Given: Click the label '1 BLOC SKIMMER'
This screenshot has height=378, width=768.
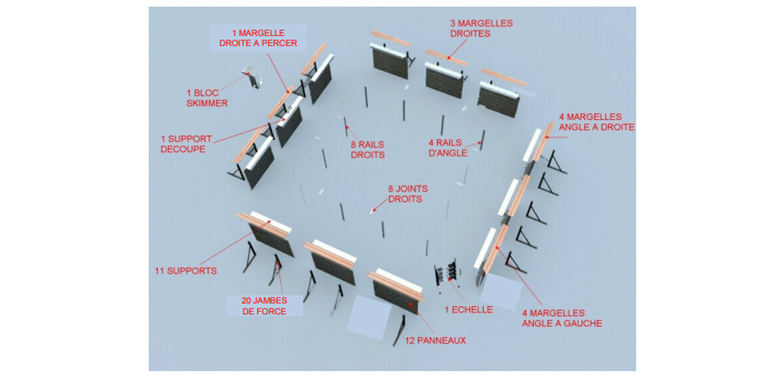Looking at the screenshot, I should [206, 98].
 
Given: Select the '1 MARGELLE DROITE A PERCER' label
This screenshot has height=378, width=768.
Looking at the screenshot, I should [257, 38].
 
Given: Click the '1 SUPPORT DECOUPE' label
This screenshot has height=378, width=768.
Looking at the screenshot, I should [186, 144].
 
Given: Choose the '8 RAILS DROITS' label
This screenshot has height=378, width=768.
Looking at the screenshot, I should [367, 149].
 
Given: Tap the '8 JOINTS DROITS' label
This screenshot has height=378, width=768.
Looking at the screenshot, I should [405, 193].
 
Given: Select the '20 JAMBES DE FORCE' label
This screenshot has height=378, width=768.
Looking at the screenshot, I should [264, 306].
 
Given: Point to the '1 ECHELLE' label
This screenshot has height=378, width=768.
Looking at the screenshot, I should [470, 309].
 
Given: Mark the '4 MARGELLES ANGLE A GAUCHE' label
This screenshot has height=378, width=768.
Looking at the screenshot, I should [562, 318].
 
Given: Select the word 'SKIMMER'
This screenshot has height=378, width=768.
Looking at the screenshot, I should [206, 103].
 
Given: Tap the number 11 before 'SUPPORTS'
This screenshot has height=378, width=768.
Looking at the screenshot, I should [159, 271].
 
